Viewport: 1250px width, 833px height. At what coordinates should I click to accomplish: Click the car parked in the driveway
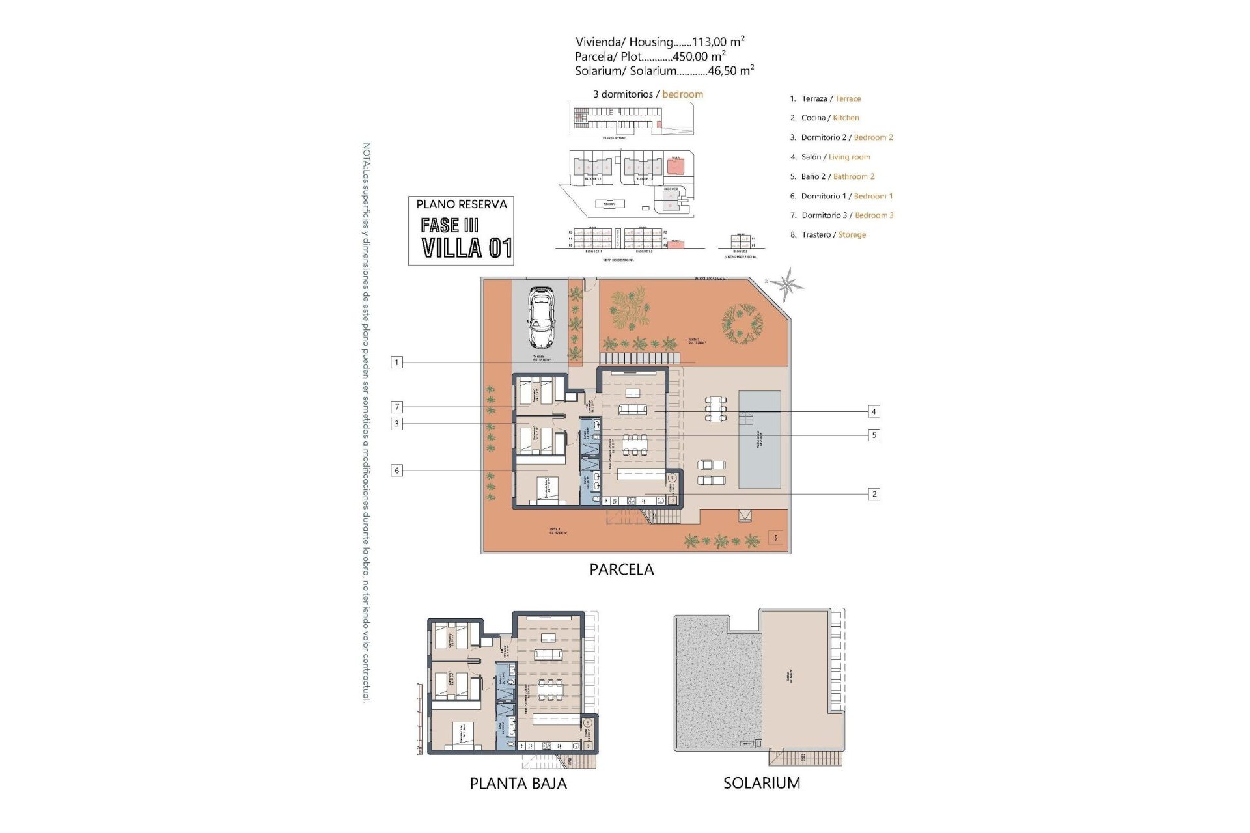[x=540, y=318]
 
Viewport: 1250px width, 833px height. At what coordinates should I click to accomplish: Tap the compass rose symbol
[x=788, y=284]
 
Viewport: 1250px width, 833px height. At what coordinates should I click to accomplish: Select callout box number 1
[x=396, y=362]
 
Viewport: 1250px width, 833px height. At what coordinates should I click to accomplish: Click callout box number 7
[x=396, y=407]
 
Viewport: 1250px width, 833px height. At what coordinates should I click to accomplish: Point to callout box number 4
[x=874, y=411]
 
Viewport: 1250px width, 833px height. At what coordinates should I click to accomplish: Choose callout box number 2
[x=874, y=494]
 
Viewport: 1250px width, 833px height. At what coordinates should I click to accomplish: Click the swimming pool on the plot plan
[x=760, y=439]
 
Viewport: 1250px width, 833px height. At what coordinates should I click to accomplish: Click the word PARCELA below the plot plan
[x=621, y=569]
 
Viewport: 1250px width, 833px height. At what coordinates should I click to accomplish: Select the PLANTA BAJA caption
[x=518, y=784]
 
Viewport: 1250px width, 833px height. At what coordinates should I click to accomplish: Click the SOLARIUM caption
[x=762, y=783]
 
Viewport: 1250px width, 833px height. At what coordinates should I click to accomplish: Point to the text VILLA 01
[x=466, y=248]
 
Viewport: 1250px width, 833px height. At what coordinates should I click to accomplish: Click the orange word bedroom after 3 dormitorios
[x=682, y=94]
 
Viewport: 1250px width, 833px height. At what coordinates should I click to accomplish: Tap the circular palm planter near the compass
[x=742, y=323]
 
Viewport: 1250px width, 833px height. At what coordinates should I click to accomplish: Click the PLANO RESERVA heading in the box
[x=461, y=204]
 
